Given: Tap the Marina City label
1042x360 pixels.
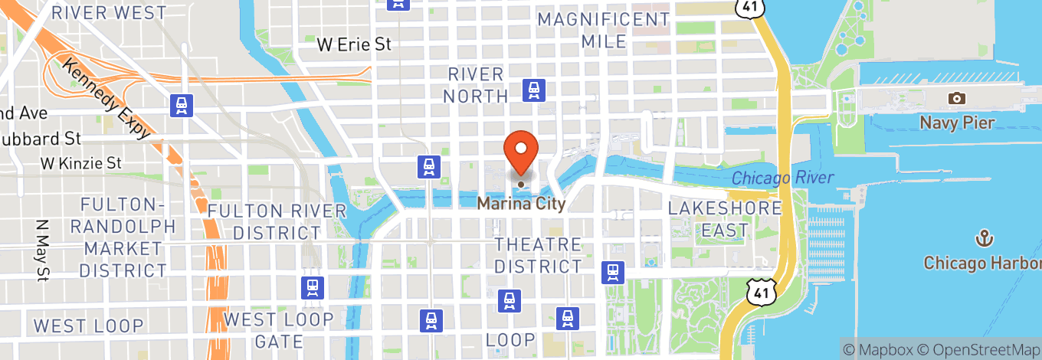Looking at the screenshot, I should tap(521, 204).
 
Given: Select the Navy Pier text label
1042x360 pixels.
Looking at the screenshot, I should tap(957, 123).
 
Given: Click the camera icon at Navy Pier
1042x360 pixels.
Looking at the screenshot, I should tap(956, 98).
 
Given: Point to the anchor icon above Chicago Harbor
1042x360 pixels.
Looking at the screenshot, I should tap(983, 239).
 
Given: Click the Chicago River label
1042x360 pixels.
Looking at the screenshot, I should tap(782, 178).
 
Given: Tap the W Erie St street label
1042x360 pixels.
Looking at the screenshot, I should tap(355, 45).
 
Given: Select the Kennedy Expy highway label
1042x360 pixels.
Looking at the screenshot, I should tap(106, 99).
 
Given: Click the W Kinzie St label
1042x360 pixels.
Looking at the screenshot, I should tap(81, 163).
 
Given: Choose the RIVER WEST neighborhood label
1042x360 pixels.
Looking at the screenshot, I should tap(109, 13).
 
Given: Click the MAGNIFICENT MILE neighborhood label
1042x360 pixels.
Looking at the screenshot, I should tap(604, 30).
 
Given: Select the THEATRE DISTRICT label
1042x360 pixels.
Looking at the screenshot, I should tap(538, 256).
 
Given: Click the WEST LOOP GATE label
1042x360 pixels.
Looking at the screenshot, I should tap(278, 330).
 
